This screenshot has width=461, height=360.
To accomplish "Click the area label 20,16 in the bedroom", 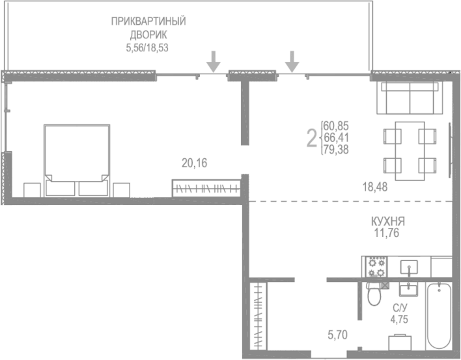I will click(194, 164).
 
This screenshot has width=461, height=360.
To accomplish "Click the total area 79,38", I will click(335, 149).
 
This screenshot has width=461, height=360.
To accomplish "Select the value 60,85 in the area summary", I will click(335, 124).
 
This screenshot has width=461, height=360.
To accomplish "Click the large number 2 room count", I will click(312, 137).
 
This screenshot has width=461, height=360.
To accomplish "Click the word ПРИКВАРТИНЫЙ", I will click(148, 21).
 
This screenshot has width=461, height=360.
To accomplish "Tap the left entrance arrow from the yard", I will click(213, 61).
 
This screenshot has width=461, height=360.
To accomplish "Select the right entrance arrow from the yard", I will click(292, 61).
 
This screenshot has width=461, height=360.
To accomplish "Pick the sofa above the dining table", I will click(410, 98).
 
